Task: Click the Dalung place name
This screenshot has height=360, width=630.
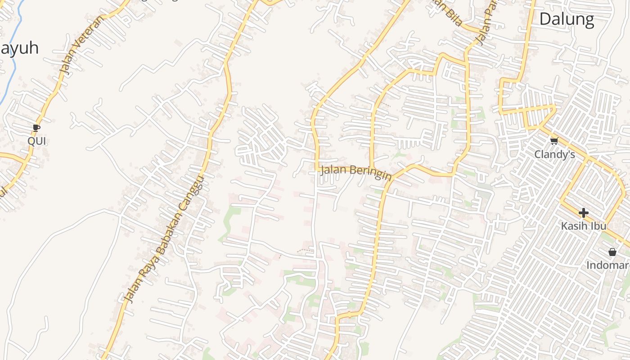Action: (x=567, y=19)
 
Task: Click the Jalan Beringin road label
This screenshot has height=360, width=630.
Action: (x=355, y=172)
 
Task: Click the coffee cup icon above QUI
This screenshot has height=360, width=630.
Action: (x=36, y=129)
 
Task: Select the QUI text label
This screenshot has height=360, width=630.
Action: (x=36, y=141)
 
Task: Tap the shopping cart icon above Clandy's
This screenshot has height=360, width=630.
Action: (x=554, y=141)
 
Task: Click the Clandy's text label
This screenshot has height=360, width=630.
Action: (x=554, y=154)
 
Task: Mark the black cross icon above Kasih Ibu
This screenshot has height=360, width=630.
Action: (x=583, y=212)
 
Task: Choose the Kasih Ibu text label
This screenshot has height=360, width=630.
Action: (x=583, y=226)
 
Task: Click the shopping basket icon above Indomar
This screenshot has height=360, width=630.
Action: (x=612, y=252)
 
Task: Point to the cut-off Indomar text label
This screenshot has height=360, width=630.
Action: (x=607, y=265)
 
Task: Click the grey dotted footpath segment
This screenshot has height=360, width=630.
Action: (x=305, y=250)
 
